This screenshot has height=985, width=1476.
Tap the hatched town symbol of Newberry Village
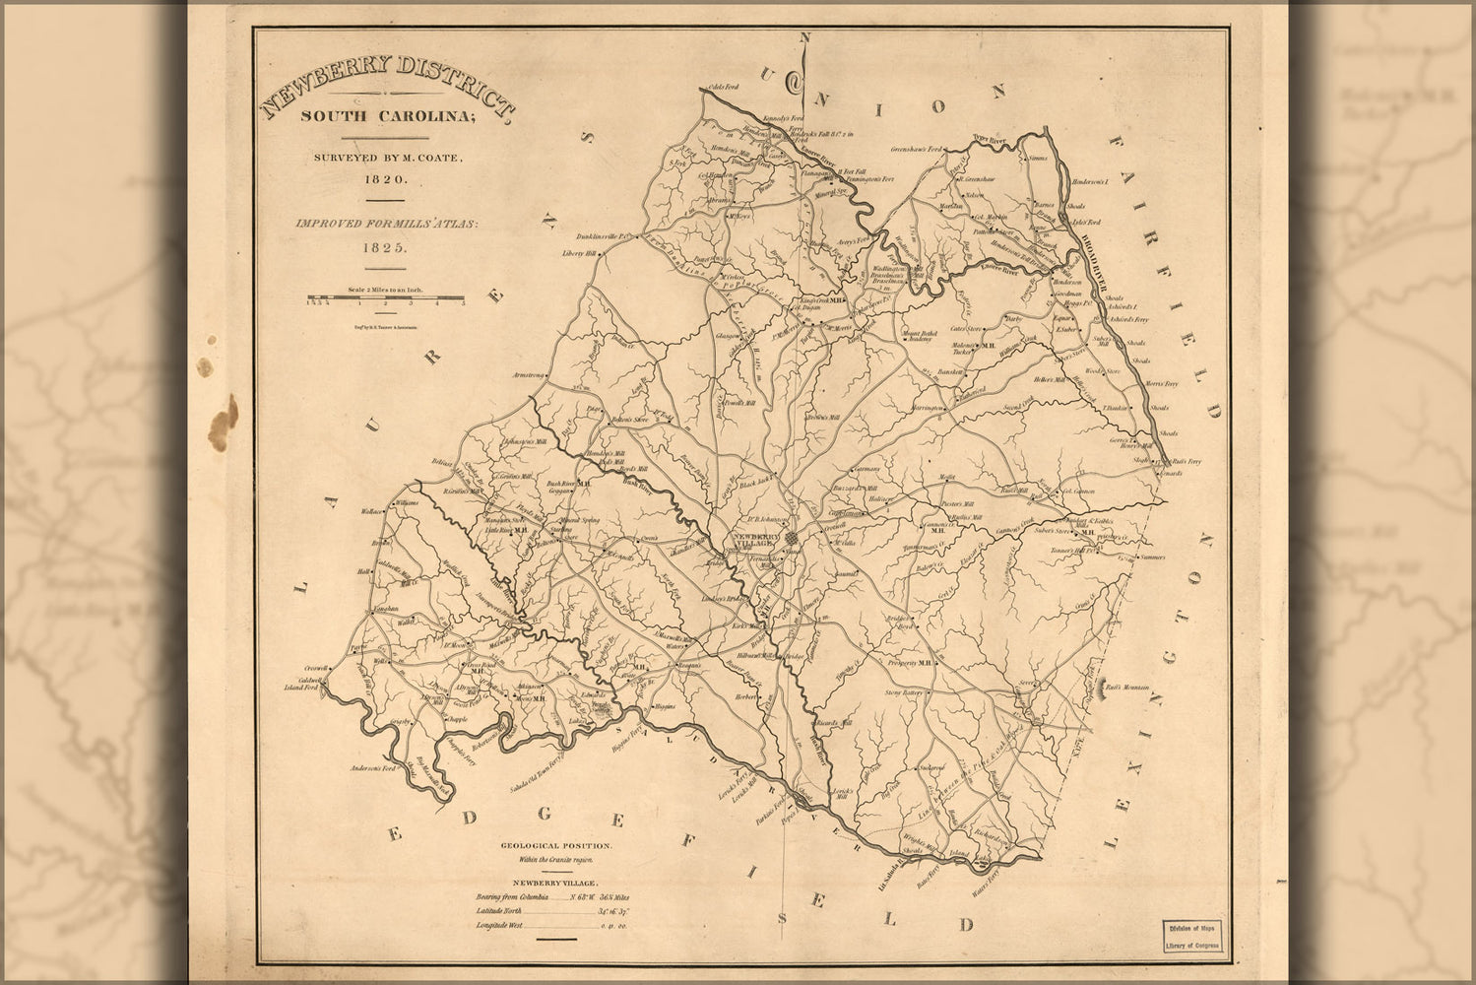click(793, 537)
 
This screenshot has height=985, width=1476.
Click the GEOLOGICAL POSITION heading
click(557, 846)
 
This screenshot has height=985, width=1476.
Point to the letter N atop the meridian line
click(803, 65)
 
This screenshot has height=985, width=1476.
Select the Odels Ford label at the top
click(724, 87)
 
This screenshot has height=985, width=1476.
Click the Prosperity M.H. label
click(912, 662)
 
